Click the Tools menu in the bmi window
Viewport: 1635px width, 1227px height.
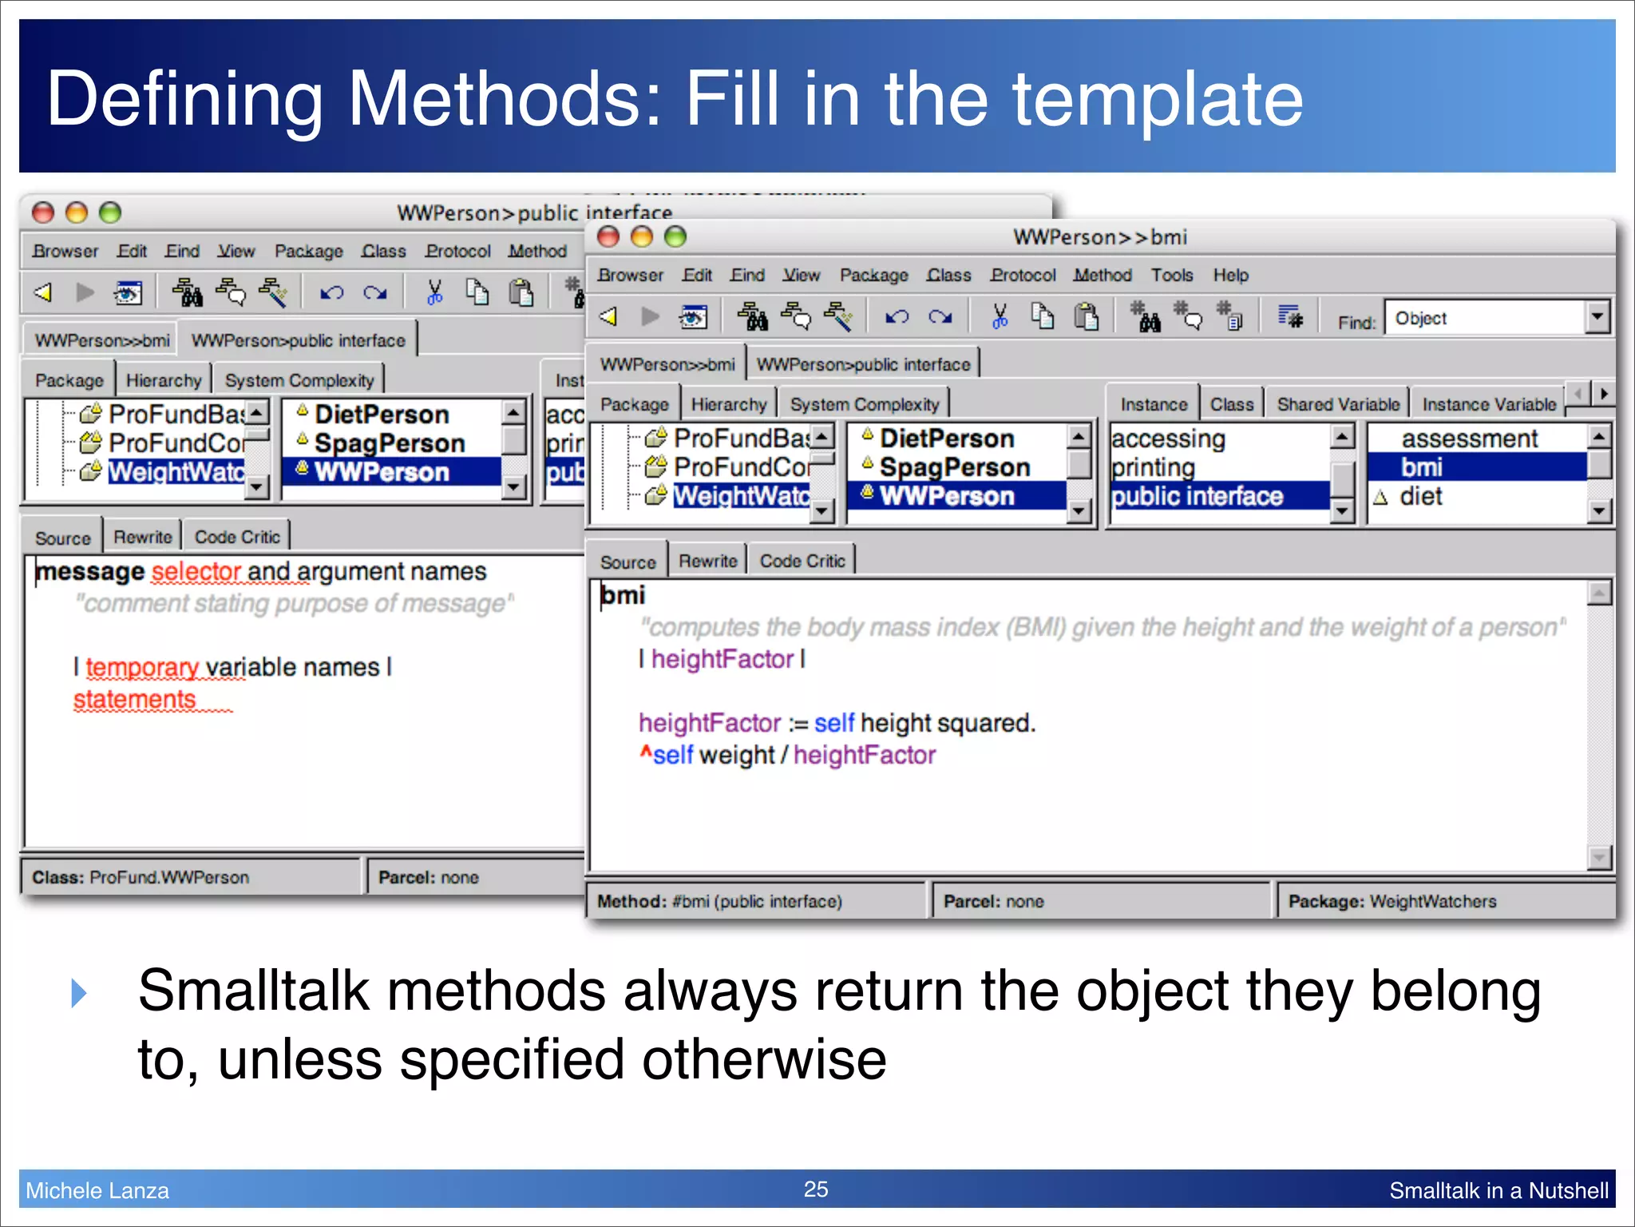pyautogui.click(x=1171, y=276)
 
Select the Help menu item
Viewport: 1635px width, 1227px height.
pyautogui.click(x=1230, y=276)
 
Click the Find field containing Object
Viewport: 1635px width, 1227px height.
pyautogui.click(x=1485, y=319)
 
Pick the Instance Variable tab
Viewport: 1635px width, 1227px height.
pyautogui.click(x=1489, y=405)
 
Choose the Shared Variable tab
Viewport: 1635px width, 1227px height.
pyautogui.click(x=1338, y=405)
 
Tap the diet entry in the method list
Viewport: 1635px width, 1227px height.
pyautogui.click(x=1421, y=497)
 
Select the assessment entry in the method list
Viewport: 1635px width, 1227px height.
pyautogui.click(x=1469, y=439)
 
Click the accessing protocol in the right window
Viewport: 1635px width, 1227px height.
pyautogui.click(x=1168, y=439)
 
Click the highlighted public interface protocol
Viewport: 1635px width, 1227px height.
pyautogui.click(x=1198, y=497)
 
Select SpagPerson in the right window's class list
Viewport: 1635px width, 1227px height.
pyautogui.click(x=955, y=468)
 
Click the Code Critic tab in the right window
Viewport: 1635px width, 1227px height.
pyautogui.click(x=802, y=562)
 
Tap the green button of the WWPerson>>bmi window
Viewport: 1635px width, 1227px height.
pyautogui.click(x=675, y=237)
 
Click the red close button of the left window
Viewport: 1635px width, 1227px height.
pyautogui.click(x=43, y=213)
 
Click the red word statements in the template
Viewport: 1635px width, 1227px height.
pyautogui.click(x=135, y=700)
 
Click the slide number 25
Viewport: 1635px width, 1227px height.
pyautogui.click(x=816, y=1189)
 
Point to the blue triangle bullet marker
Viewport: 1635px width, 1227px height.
pyautogui.click(x=78, y=994)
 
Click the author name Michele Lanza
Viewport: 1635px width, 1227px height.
pyautogui.click(x=97, y=1191)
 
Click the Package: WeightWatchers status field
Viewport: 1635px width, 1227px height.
pyautogui.click(x=1392, y=902)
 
